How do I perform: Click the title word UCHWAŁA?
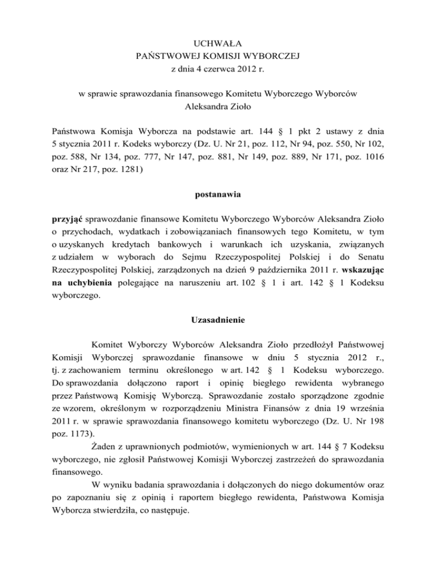218,42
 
